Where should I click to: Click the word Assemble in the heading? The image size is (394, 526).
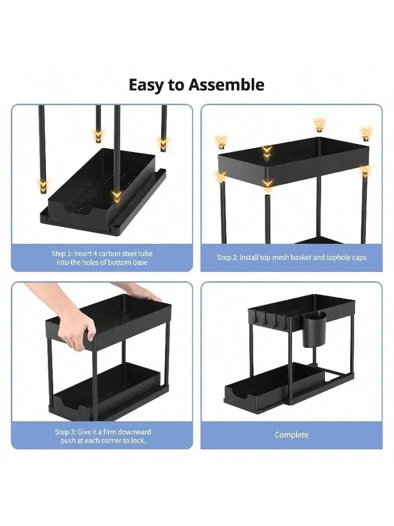pos(226,85)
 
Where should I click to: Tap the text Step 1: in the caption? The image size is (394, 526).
pos(62,254)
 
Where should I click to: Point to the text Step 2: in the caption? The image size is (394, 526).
pos(227,258)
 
